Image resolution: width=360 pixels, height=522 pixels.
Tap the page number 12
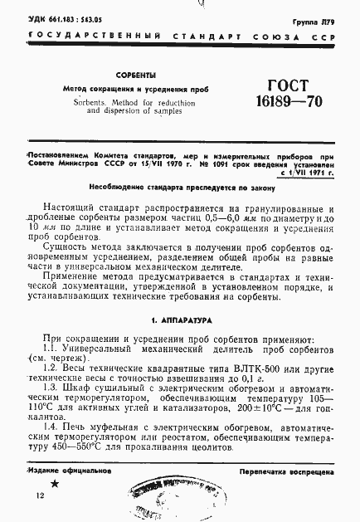point(41,495)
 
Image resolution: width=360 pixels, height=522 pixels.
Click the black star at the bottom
point(55,483)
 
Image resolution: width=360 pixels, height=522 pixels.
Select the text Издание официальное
point(71,471)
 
